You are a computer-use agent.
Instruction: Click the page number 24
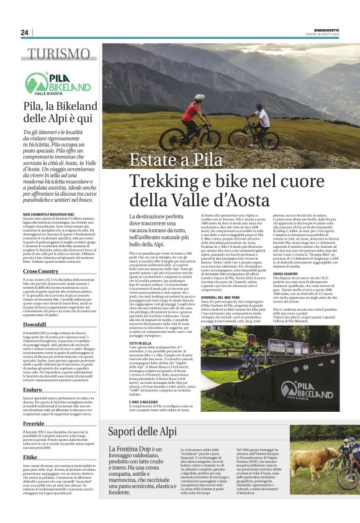coord(24,32)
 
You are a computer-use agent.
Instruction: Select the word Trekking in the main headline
coord(162,182)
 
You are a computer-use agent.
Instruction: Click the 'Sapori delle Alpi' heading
coord(142,432)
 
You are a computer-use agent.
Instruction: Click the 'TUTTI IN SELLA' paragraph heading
coord(142,342)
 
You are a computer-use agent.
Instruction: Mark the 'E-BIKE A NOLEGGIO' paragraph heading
coord(145,401)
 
